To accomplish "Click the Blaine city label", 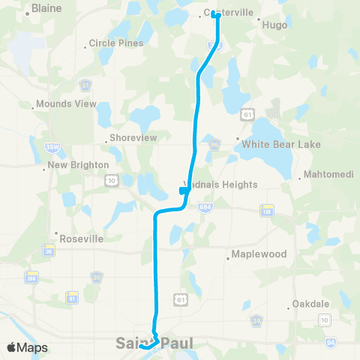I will [46, 11].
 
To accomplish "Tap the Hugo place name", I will [274, 24].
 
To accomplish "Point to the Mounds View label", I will [67, 103].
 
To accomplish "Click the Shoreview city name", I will [131, 139].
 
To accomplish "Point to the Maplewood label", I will [259, 254].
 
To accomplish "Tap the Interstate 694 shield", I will [204, 205].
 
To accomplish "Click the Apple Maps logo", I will [27, 347].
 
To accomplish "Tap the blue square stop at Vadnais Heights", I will [183, 191].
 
